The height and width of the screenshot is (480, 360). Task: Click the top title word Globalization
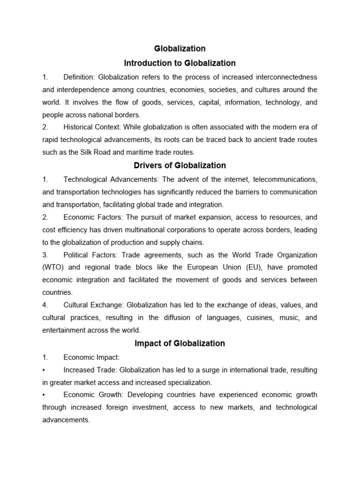click(180, 48)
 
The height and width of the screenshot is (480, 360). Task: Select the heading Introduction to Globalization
click(180, 63)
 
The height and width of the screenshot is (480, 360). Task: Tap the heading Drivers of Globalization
click(180, 165)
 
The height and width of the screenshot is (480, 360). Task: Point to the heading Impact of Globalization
click(180, 343)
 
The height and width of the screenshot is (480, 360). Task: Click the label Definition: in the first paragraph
click(79, 77)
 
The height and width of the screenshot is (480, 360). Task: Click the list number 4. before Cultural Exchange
click(45, 305)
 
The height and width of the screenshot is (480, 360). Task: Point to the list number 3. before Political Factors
click(45, 255)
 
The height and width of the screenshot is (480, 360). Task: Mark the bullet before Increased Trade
click(44, 370)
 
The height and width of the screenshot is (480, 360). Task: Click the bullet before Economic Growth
click(44, 395)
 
